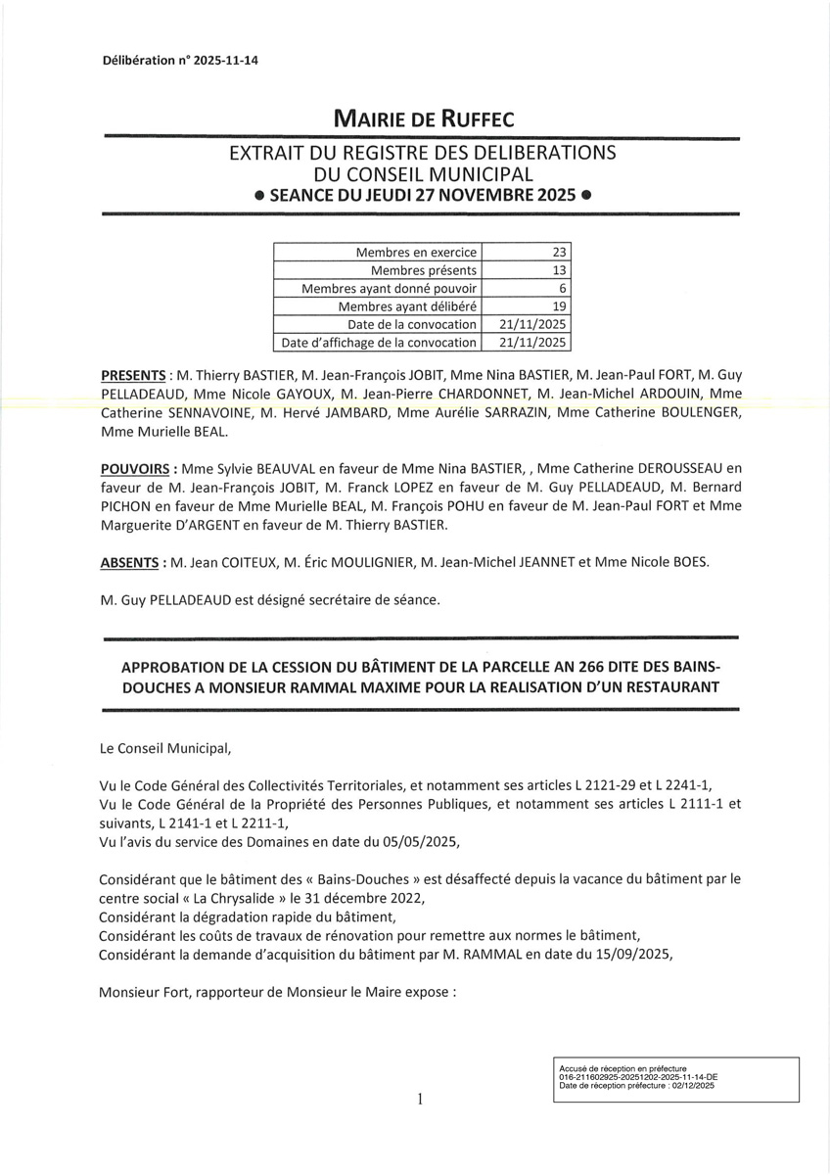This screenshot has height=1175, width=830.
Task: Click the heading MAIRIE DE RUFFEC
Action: [x=423, y=119]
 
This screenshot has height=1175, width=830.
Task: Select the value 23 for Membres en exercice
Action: [x=560, y=252]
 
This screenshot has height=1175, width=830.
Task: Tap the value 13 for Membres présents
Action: [x=560, y=270]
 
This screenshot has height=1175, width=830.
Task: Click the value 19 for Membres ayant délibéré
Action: [x=560, y=306]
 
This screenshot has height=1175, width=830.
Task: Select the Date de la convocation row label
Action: [x=412, y=324]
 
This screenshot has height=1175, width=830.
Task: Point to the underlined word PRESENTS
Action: [x=133, y=376]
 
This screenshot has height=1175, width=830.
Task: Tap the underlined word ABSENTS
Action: [x=129, y=563]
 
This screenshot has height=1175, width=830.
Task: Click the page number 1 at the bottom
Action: [x=420, y=1100]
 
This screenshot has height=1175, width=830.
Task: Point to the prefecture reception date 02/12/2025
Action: [x=691, y=1085]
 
